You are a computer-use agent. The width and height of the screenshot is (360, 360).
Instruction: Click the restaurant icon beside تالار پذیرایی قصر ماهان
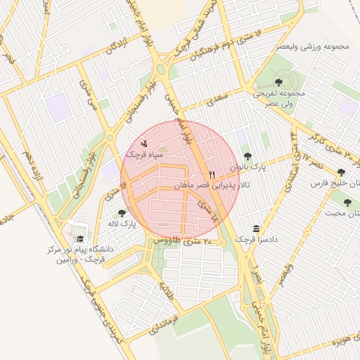(x=212, y=174)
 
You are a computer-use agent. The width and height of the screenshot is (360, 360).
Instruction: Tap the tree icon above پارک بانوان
(x=246, y=157)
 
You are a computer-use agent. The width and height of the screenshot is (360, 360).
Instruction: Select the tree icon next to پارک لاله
(x=122, y=213)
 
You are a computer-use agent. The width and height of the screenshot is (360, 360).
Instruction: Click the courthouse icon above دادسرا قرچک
(x=255, y=229)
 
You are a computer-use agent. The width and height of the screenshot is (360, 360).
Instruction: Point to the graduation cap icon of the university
(x=79, y=239)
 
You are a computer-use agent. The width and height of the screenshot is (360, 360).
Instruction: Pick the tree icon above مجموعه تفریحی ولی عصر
(x=279, y=83)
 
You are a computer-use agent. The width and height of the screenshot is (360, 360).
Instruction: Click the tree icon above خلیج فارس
(x=342, y=172)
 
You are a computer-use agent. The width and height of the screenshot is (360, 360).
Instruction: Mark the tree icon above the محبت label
(x=347, y=202)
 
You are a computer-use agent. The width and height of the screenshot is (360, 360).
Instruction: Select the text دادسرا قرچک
(x=256, y=240)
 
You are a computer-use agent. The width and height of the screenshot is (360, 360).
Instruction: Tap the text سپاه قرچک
(x=146, y=153)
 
